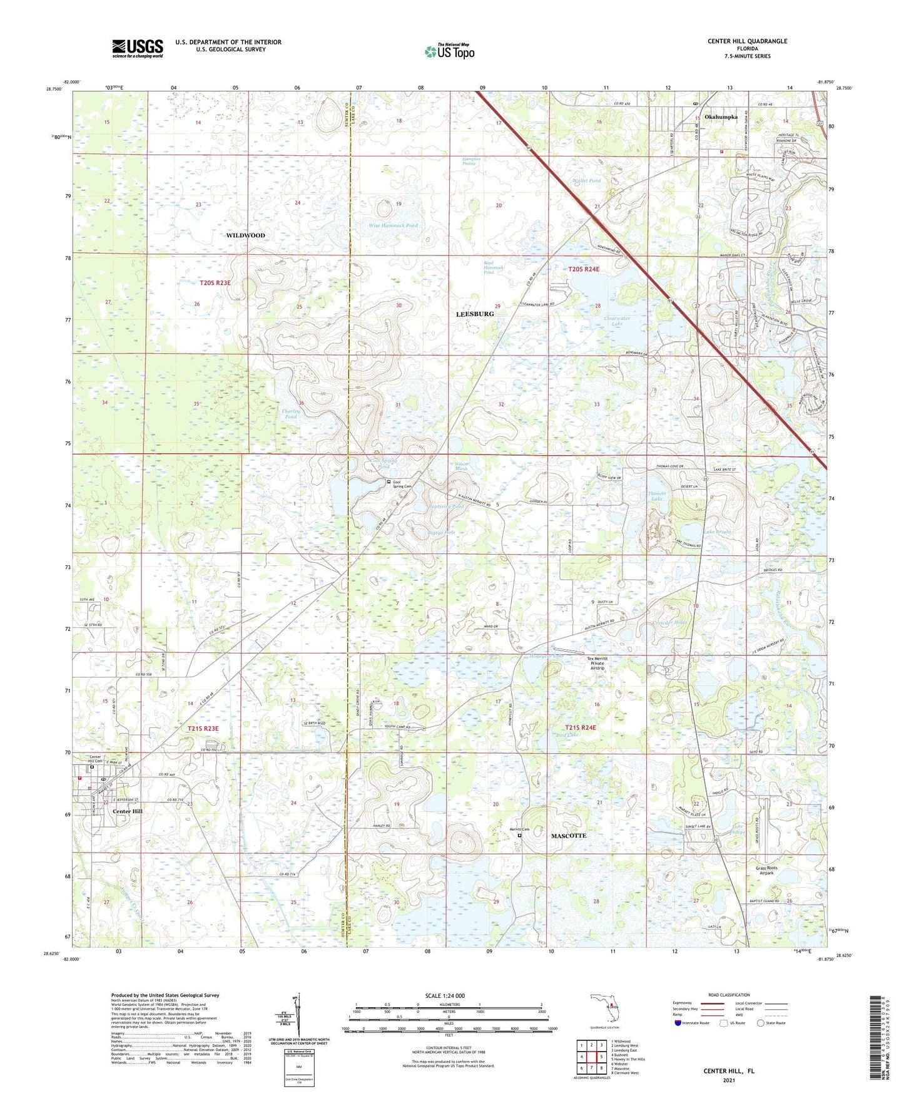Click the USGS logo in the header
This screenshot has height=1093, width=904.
coord(137,48)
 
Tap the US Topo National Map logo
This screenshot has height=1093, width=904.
coord(449,51)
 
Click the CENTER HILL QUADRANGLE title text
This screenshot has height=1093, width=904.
coord(747,41)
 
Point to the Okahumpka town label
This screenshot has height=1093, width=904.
coord(721,117)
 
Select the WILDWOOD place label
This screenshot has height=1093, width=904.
coord(245,235)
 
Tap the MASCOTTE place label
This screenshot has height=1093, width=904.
coord(568,836)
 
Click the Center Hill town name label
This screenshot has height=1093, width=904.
coord(128,811)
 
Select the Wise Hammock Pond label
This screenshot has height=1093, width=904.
coord(393,225)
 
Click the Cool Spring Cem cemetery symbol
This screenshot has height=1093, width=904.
coord(389,482)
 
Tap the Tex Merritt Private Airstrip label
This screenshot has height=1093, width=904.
coord(597,663)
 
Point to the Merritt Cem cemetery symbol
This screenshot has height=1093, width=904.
coord(519,834)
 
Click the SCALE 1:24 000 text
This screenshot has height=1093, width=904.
coord(449,996)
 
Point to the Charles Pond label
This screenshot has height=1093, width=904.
coord(290,414)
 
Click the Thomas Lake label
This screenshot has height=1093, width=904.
coord(656,496)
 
